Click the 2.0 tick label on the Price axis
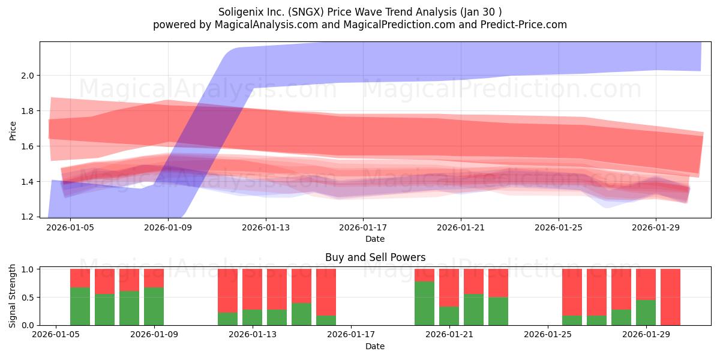pos(28,76)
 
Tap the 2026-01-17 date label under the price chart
pos(363,227)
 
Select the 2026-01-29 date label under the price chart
pos(656,227)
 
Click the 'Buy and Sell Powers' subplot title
pos(375,257)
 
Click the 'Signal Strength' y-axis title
pos(12,296)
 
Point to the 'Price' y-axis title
pos(13,131)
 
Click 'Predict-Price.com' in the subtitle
pos(524,25)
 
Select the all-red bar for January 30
pos(671,297)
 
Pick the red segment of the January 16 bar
pos(326,292)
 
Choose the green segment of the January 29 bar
pos(646,313)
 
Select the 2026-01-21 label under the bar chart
pos(449,335)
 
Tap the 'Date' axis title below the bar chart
pos(375,346)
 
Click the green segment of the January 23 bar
pos(498,311)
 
